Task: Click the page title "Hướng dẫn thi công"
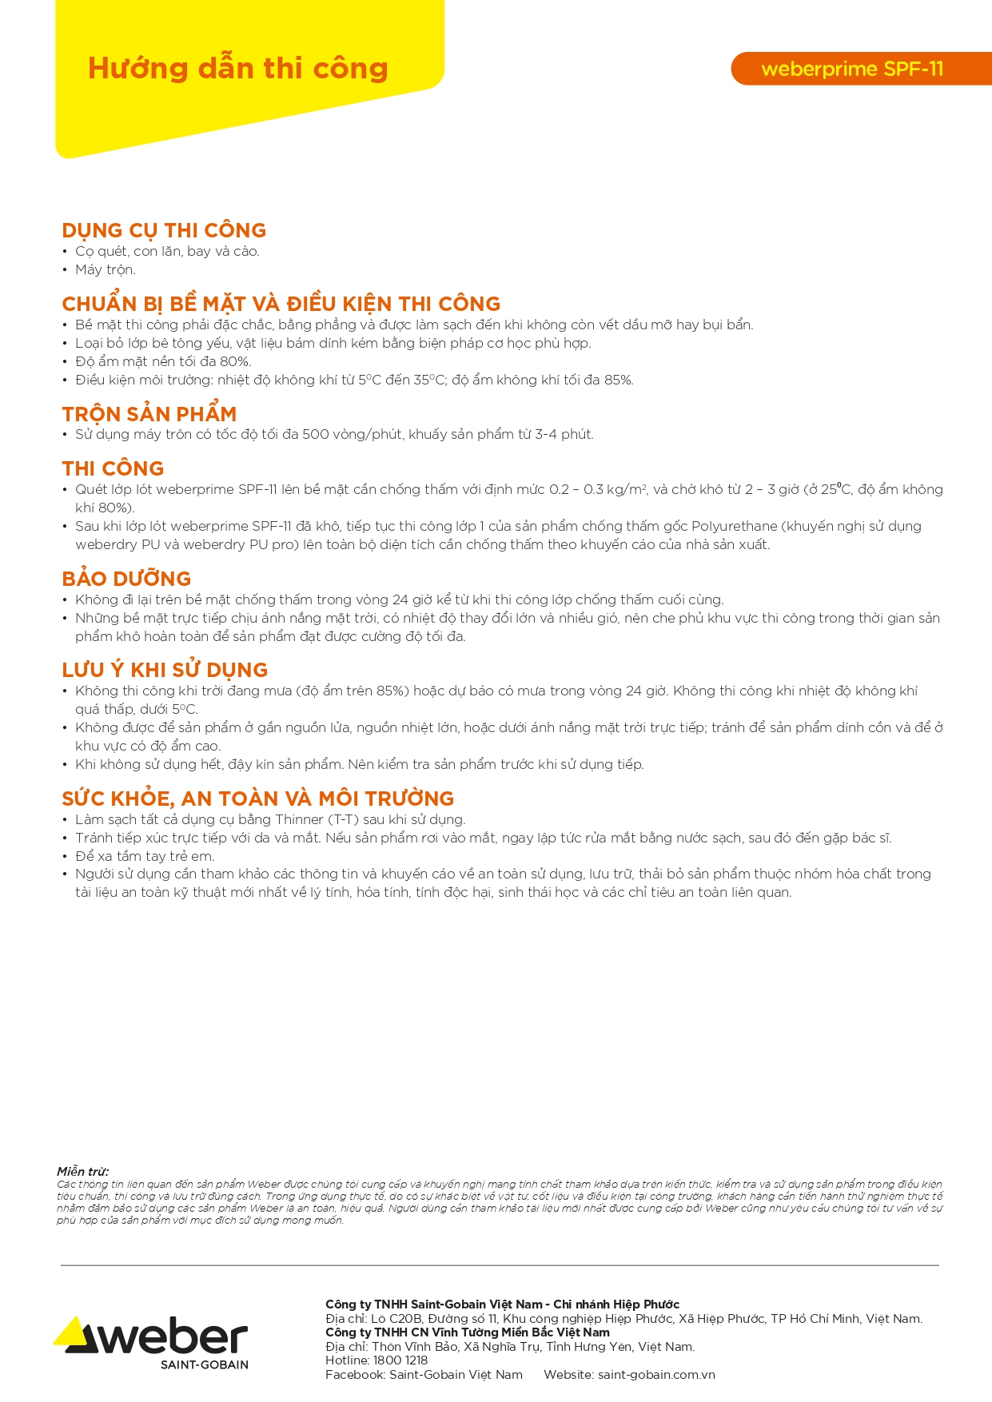pos(237,69)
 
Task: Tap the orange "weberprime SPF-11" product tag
pos(852,69)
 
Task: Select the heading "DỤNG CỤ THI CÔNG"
pos(164,230)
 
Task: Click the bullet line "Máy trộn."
pos(105,270)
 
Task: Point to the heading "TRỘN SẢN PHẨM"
pos(149,414)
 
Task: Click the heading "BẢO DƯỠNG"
pos(126,579)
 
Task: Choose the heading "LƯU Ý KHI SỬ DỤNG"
pos(165,670)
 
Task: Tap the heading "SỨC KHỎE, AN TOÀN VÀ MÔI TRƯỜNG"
pos(257,799)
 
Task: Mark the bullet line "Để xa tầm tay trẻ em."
pos(145,856)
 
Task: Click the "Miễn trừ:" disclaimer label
pos(82,1171)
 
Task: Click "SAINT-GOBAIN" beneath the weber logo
pos(204,1364)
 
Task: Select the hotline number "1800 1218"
pos(400,1360)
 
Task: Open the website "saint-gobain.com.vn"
pos(656,1375)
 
